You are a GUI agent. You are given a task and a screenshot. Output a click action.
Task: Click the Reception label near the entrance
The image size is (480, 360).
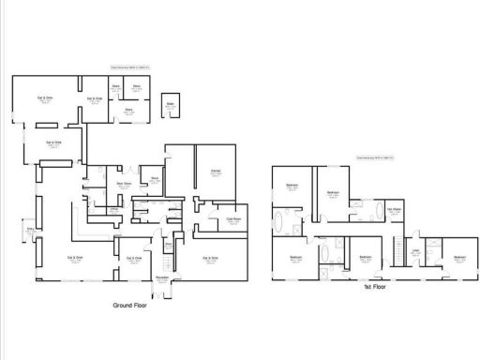tap(161, 278)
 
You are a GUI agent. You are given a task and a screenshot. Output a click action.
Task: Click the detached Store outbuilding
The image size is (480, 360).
tap(171, 106)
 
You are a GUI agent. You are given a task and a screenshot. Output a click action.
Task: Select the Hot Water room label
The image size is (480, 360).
tap(395, 210)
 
